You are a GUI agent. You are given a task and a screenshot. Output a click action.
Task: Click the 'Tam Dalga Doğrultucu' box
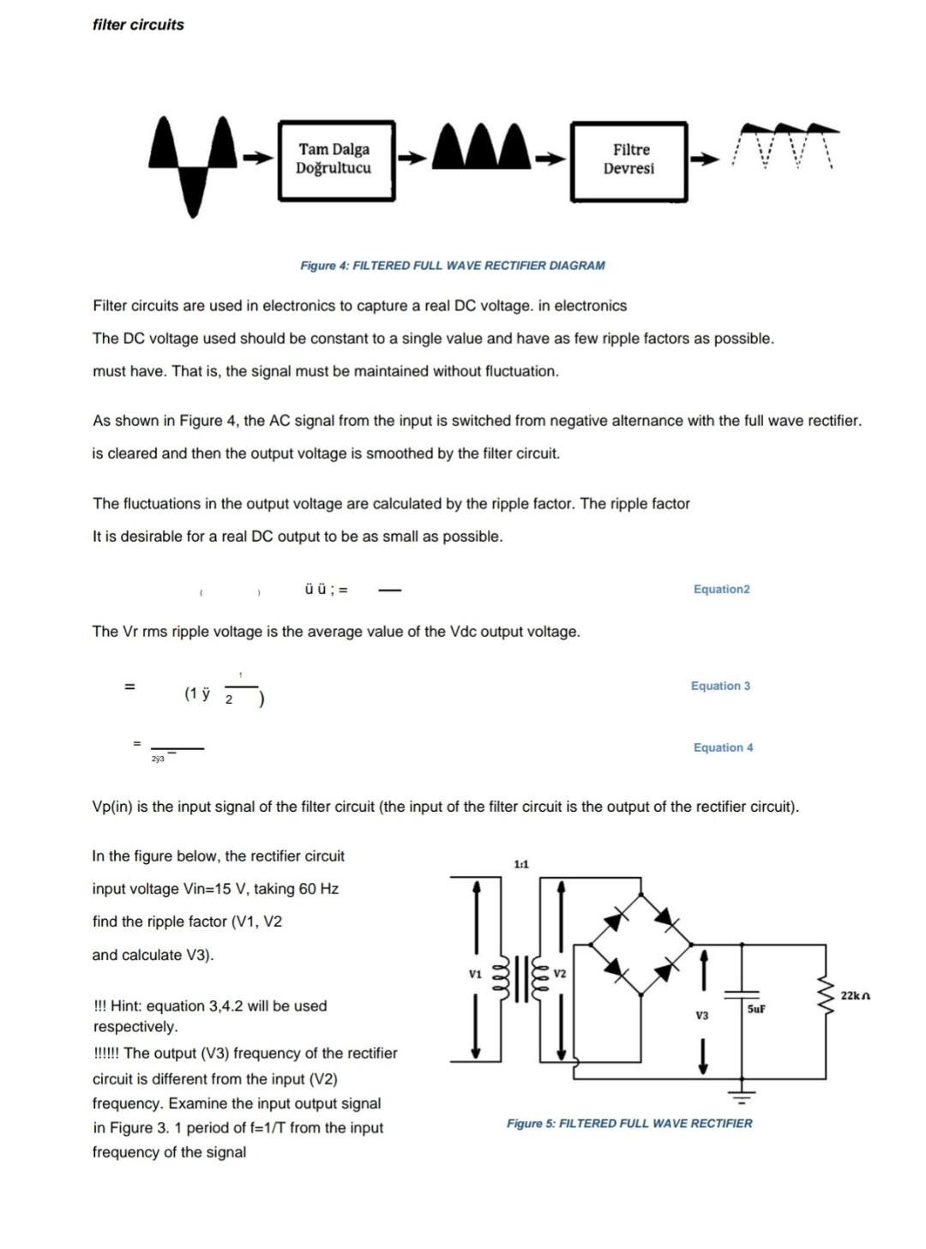336,160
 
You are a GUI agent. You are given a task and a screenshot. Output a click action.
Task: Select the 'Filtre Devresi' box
628,161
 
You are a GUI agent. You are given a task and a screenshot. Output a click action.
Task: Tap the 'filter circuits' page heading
138,25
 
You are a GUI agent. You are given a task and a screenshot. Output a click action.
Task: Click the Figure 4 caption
452,266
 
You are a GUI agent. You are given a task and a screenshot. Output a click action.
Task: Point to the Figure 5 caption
628,1123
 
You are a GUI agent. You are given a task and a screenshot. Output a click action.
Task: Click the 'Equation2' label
721,589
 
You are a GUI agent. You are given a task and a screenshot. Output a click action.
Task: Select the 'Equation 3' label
720,686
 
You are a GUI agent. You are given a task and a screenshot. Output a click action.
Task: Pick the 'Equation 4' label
723,748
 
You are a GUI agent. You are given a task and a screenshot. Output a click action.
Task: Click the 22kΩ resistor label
855,995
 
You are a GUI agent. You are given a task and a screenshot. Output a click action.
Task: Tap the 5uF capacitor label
755,1009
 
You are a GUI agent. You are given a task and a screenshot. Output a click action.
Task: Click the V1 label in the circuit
475,974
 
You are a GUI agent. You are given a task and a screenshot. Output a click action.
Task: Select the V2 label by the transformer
560,974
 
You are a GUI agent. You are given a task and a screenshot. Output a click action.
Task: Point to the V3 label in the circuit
702,1015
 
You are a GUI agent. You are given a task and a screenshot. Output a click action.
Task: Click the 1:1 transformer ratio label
521,864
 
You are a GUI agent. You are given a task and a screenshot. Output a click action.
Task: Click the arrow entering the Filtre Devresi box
550,159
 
